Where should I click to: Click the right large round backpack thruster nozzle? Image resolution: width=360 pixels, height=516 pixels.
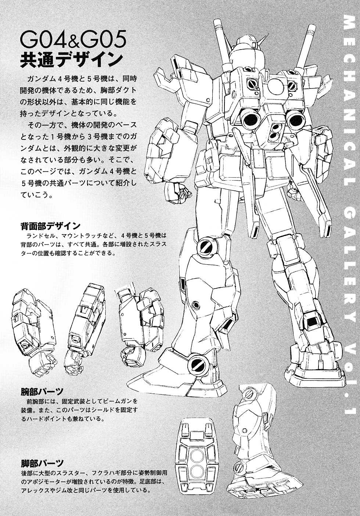(x=294, y=120)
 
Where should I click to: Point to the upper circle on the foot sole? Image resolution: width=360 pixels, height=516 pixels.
(x=197, y=456)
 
